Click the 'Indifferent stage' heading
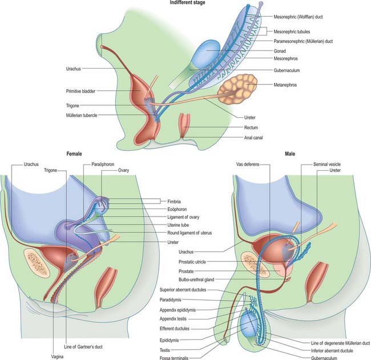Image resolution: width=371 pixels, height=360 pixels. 187,2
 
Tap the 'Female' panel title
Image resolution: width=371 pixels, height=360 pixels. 74,154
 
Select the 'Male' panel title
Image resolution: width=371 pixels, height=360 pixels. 290,154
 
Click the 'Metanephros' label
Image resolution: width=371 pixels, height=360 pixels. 285,85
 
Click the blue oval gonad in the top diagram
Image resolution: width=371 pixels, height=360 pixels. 206,53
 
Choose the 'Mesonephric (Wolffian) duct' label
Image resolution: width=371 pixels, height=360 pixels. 298,17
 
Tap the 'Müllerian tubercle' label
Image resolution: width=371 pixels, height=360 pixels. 82,115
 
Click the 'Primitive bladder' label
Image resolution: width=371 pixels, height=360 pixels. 80,91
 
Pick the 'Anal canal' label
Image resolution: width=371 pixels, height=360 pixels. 253,138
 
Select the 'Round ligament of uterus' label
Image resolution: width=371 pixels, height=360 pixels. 189,233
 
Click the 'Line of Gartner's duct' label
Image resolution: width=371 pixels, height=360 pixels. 83,347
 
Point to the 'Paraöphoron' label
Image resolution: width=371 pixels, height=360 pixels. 103,164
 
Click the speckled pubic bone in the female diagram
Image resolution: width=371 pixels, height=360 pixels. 37,263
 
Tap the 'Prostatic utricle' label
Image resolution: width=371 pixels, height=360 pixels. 192,262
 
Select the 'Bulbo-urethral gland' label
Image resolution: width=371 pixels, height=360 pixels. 196,279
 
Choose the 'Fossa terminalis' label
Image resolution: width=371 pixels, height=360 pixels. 174,358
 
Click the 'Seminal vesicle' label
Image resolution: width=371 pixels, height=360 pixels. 327,164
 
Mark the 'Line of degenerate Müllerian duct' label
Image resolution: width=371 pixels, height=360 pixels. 340,343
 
